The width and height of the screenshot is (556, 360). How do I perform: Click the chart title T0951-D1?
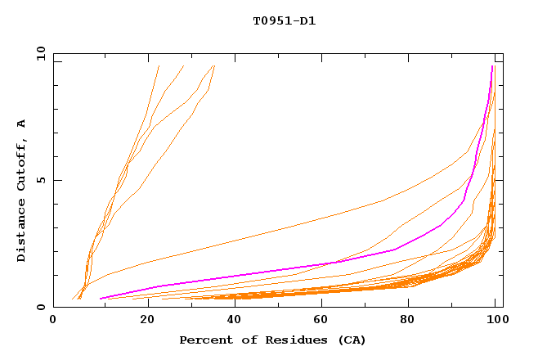point(284,21)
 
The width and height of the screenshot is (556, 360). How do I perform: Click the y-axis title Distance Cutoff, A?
point(21,190)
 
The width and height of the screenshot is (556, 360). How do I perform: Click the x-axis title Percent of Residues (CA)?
point(272,340)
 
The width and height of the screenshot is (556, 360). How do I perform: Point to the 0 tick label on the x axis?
point(53,321)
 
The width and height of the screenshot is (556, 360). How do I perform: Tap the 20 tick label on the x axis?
point(141,321)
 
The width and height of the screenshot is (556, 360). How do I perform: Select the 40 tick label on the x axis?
point(231,321)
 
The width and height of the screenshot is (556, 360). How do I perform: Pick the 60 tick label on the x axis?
point(319,321)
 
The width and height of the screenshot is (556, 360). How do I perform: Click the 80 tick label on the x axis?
point(407,321)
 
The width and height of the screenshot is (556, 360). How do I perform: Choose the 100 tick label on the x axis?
point(495,321)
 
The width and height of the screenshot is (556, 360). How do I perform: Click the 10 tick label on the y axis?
point(40,53)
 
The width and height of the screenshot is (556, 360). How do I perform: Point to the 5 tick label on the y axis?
point(43,180)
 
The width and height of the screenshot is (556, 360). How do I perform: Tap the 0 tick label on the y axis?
point(43,307)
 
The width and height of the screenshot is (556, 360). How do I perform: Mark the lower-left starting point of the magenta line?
point(100,299)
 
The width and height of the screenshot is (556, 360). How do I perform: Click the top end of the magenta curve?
point(492,66)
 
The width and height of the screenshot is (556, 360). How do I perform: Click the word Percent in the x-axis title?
point(203,340)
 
